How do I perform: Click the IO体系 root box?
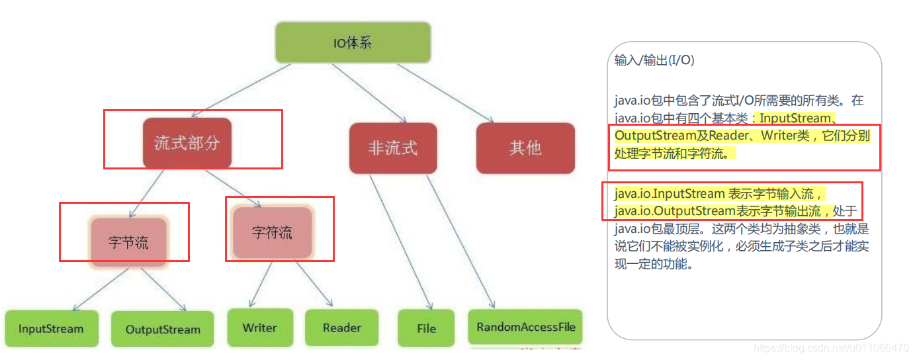pyautogui.click(x=353, y=44)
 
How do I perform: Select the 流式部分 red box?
pyautogui.click(x=187, y=143)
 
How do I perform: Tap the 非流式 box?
pyautogui.click(x=393, y=148)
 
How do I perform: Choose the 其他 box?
pyautogui.click(x=525, y=148)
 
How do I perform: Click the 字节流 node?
pyautogui.click(x=128, y=242)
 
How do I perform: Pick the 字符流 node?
pyautogui.click(x=272, y=233)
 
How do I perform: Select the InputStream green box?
pyautogui.click(x=51, y=329)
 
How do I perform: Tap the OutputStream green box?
pyautogui.click(x=162, y=330)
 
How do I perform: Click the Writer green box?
pyautogui.click(x=259, y=328)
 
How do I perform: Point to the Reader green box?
pyautogui.click(x=342, y=328)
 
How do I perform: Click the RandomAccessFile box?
pyautogui.click(x=526, y=327)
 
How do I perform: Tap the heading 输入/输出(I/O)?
pyautogui.click(x=654, y=60)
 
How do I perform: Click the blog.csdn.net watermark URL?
pyautogui.click(x=831, y=348)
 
